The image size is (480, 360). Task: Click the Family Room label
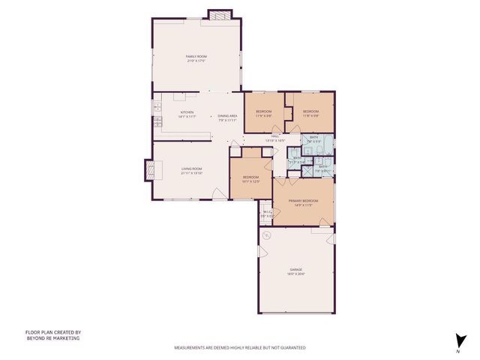click(196, 56)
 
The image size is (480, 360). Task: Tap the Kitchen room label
click(186, 115)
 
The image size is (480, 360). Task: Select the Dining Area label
click(228, 115)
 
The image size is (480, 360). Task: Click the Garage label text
click(296, 269)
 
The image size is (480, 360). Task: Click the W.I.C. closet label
click(266, 212)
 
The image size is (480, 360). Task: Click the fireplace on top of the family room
click(220, 14)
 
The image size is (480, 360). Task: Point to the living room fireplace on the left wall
click(148, 171)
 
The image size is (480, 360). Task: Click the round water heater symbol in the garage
click(266, 234)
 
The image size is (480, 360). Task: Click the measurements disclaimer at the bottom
click(240, 348)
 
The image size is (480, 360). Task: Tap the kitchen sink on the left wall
click(157, 110)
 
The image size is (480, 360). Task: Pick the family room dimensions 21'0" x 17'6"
click(196, 61)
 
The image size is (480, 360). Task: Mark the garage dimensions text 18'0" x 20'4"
click(296, 274)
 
